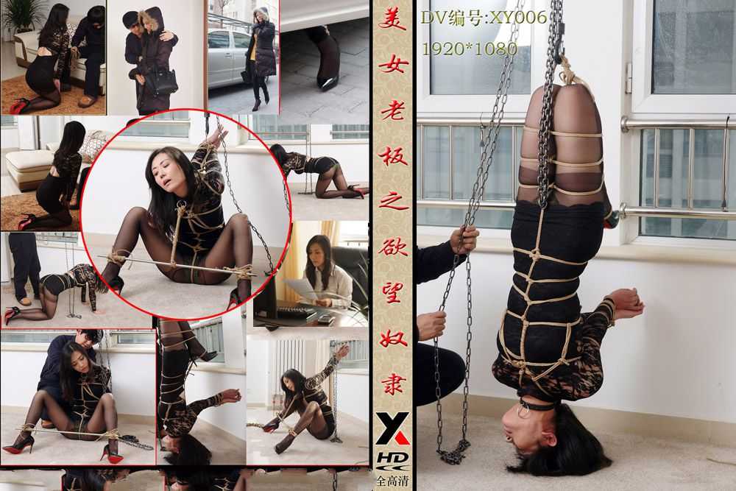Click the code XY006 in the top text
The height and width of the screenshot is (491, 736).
pyautogui.click(x=518, y=18)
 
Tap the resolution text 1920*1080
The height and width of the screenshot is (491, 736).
pyautogui.click(x=470, y=49)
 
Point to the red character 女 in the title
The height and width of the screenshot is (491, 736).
pyautogui.click(x=392, y=66)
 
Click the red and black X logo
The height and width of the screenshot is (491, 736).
pyautogui.click(x=392, y=428)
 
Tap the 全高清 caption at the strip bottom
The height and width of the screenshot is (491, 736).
pyautogui.click(x=392, y=481)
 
